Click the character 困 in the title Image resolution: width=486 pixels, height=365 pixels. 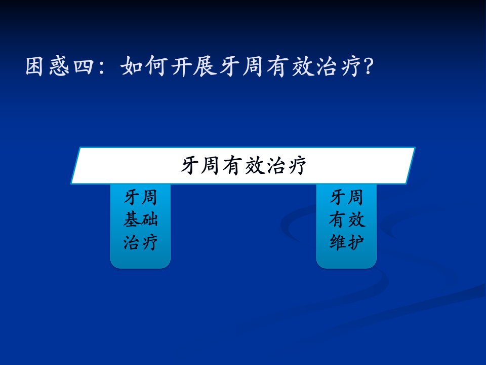[x=34, y=66]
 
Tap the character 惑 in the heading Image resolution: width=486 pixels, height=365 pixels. [x=59, y=66]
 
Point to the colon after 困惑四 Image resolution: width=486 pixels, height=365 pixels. [x=102, y=67]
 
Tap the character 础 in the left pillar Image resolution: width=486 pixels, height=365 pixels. [x=149, y=219]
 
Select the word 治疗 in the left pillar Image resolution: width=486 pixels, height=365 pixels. [x=140, y=242]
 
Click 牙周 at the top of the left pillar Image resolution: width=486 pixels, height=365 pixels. [x=140, y=197]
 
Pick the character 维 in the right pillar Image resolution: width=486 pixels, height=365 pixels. [x=338, y=242]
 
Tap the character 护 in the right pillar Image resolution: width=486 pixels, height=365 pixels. [x=355, y=242]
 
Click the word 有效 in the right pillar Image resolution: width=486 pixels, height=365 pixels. [x=346, y=220]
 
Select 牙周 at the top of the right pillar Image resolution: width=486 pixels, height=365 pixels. [x=346, y=197]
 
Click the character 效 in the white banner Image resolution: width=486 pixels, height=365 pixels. [x=255, y=165]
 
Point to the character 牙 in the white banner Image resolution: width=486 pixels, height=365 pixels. [x=190, y=165]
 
